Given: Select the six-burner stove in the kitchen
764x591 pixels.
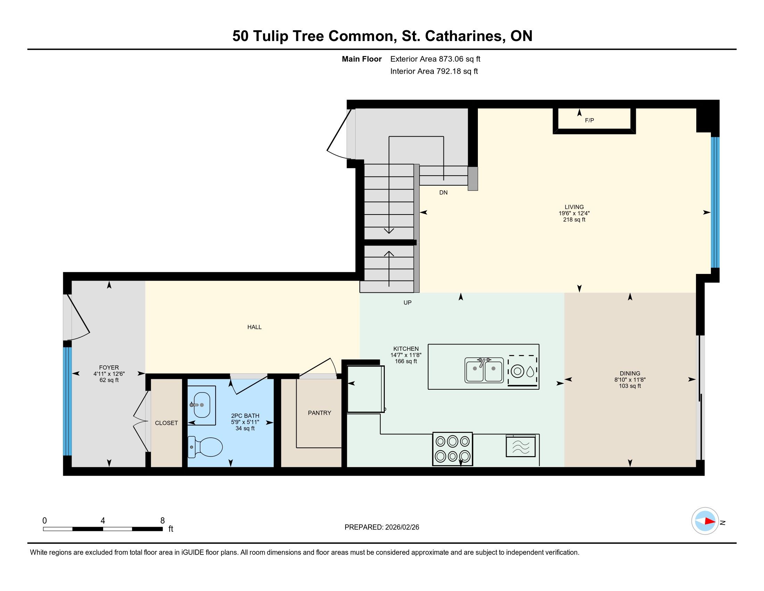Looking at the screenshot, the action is click(x=452, y=449).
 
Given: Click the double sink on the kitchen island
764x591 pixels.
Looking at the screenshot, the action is click(x=484, y=370).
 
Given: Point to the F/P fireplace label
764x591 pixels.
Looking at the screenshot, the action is click(x=589, y=120).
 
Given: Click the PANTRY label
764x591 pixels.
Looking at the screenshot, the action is click(x=319, y=413).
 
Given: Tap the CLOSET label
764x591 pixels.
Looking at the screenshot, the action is click(x=166, y=423).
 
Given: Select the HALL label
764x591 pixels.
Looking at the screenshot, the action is click(x=254, y=327).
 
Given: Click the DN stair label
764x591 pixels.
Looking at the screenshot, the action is click(x=443, y=193).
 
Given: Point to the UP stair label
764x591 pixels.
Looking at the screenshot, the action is click(x=408, y=302).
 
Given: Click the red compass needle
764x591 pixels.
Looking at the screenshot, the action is click(x=710, y=521).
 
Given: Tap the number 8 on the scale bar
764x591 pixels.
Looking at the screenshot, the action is click(x=162, y=521).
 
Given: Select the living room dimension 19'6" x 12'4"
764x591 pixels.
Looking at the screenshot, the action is click(x=574, y=213).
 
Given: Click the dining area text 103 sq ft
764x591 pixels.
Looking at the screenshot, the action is click(x=630, y=386).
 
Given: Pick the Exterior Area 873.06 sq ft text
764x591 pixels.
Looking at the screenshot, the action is click(x=435, y=59).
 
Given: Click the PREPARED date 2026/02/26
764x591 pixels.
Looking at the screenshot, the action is click(x=402, y=527).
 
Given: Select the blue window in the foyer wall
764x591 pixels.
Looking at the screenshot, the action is click(x=67, y=401).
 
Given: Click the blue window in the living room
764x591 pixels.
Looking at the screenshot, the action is click(x=715, y=202).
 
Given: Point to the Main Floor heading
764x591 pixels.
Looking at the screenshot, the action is click(x=362, y=59).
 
